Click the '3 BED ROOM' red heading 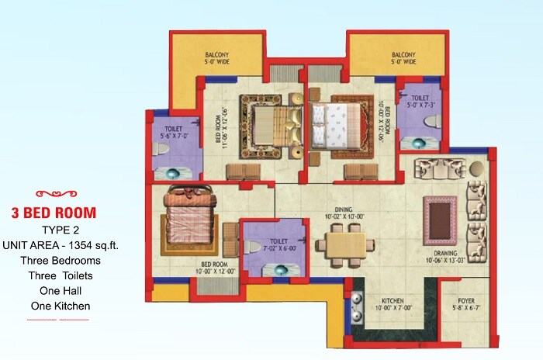pyautogui.click(x=64, y=212)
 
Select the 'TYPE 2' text pyautogui.click(x=64, y=230)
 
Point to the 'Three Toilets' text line pyautogui.click(x=64, y=275)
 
